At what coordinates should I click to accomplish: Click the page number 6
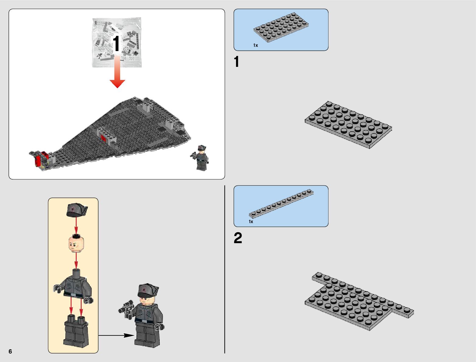[10, 351]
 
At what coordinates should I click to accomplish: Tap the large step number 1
[237, 61]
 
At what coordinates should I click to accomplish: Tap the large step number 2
[238, 238]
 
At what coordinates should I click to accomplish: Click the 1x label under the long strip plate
[251, 221]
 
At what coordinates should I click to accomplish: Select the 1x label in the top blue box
[256, 45]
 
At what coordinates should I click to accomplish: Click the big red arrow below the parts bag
[117, 71]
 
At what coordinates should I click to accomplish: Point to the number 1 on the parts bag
[116, 44]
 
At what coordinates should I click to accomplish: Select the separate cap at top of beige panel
[77, 210]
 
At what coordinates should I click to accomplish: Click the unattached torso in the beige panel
[73, 286]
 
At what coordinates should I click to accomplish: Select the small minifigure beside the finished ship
[200, 158]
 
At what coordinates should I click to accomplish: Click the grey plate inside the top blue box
[281, 27]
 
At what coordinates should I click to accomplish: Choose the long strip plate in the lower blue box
[281, 203]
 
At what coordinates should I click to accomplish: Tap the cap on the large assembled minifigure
[148, 291]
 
